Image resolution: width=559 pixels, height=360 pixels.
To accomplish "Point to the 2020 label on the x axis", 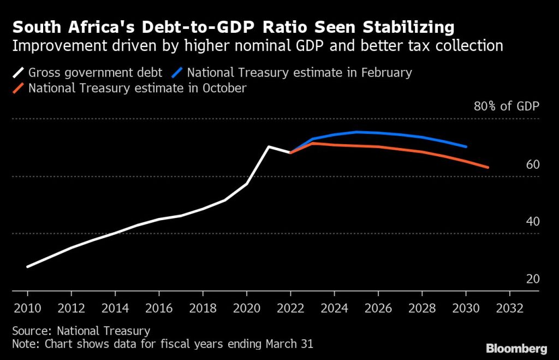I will (247, 307).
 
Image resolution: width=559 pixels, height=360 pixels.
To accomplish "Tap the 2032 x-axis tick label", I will (510, 307).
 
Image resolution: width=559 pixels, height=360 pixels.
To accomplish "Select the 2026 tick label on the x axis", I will (378, 307).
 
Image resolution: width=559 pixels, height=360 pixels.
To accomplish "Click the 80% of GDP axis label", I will (506, 106).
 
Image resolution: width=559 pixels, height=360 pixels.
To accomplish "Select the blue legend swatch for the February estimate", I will (179, 73).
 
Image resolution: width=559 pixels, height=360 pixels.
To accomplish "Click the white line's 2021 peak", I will (268, 146).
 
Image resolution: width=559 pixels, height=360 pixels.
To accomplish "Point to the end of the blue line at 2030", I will (466, 146).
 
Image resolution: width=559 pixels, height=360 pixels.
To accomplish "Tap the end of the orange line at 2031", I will (487, 167).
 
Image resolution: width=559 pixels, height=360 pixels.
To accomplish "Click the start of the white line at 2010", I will (27, 267).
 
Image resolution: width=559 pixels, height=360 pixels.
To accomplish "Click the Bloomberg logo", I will (516, 348).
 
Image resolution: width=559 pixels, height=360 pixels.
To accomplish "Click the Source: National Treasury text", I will (81, 331).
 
